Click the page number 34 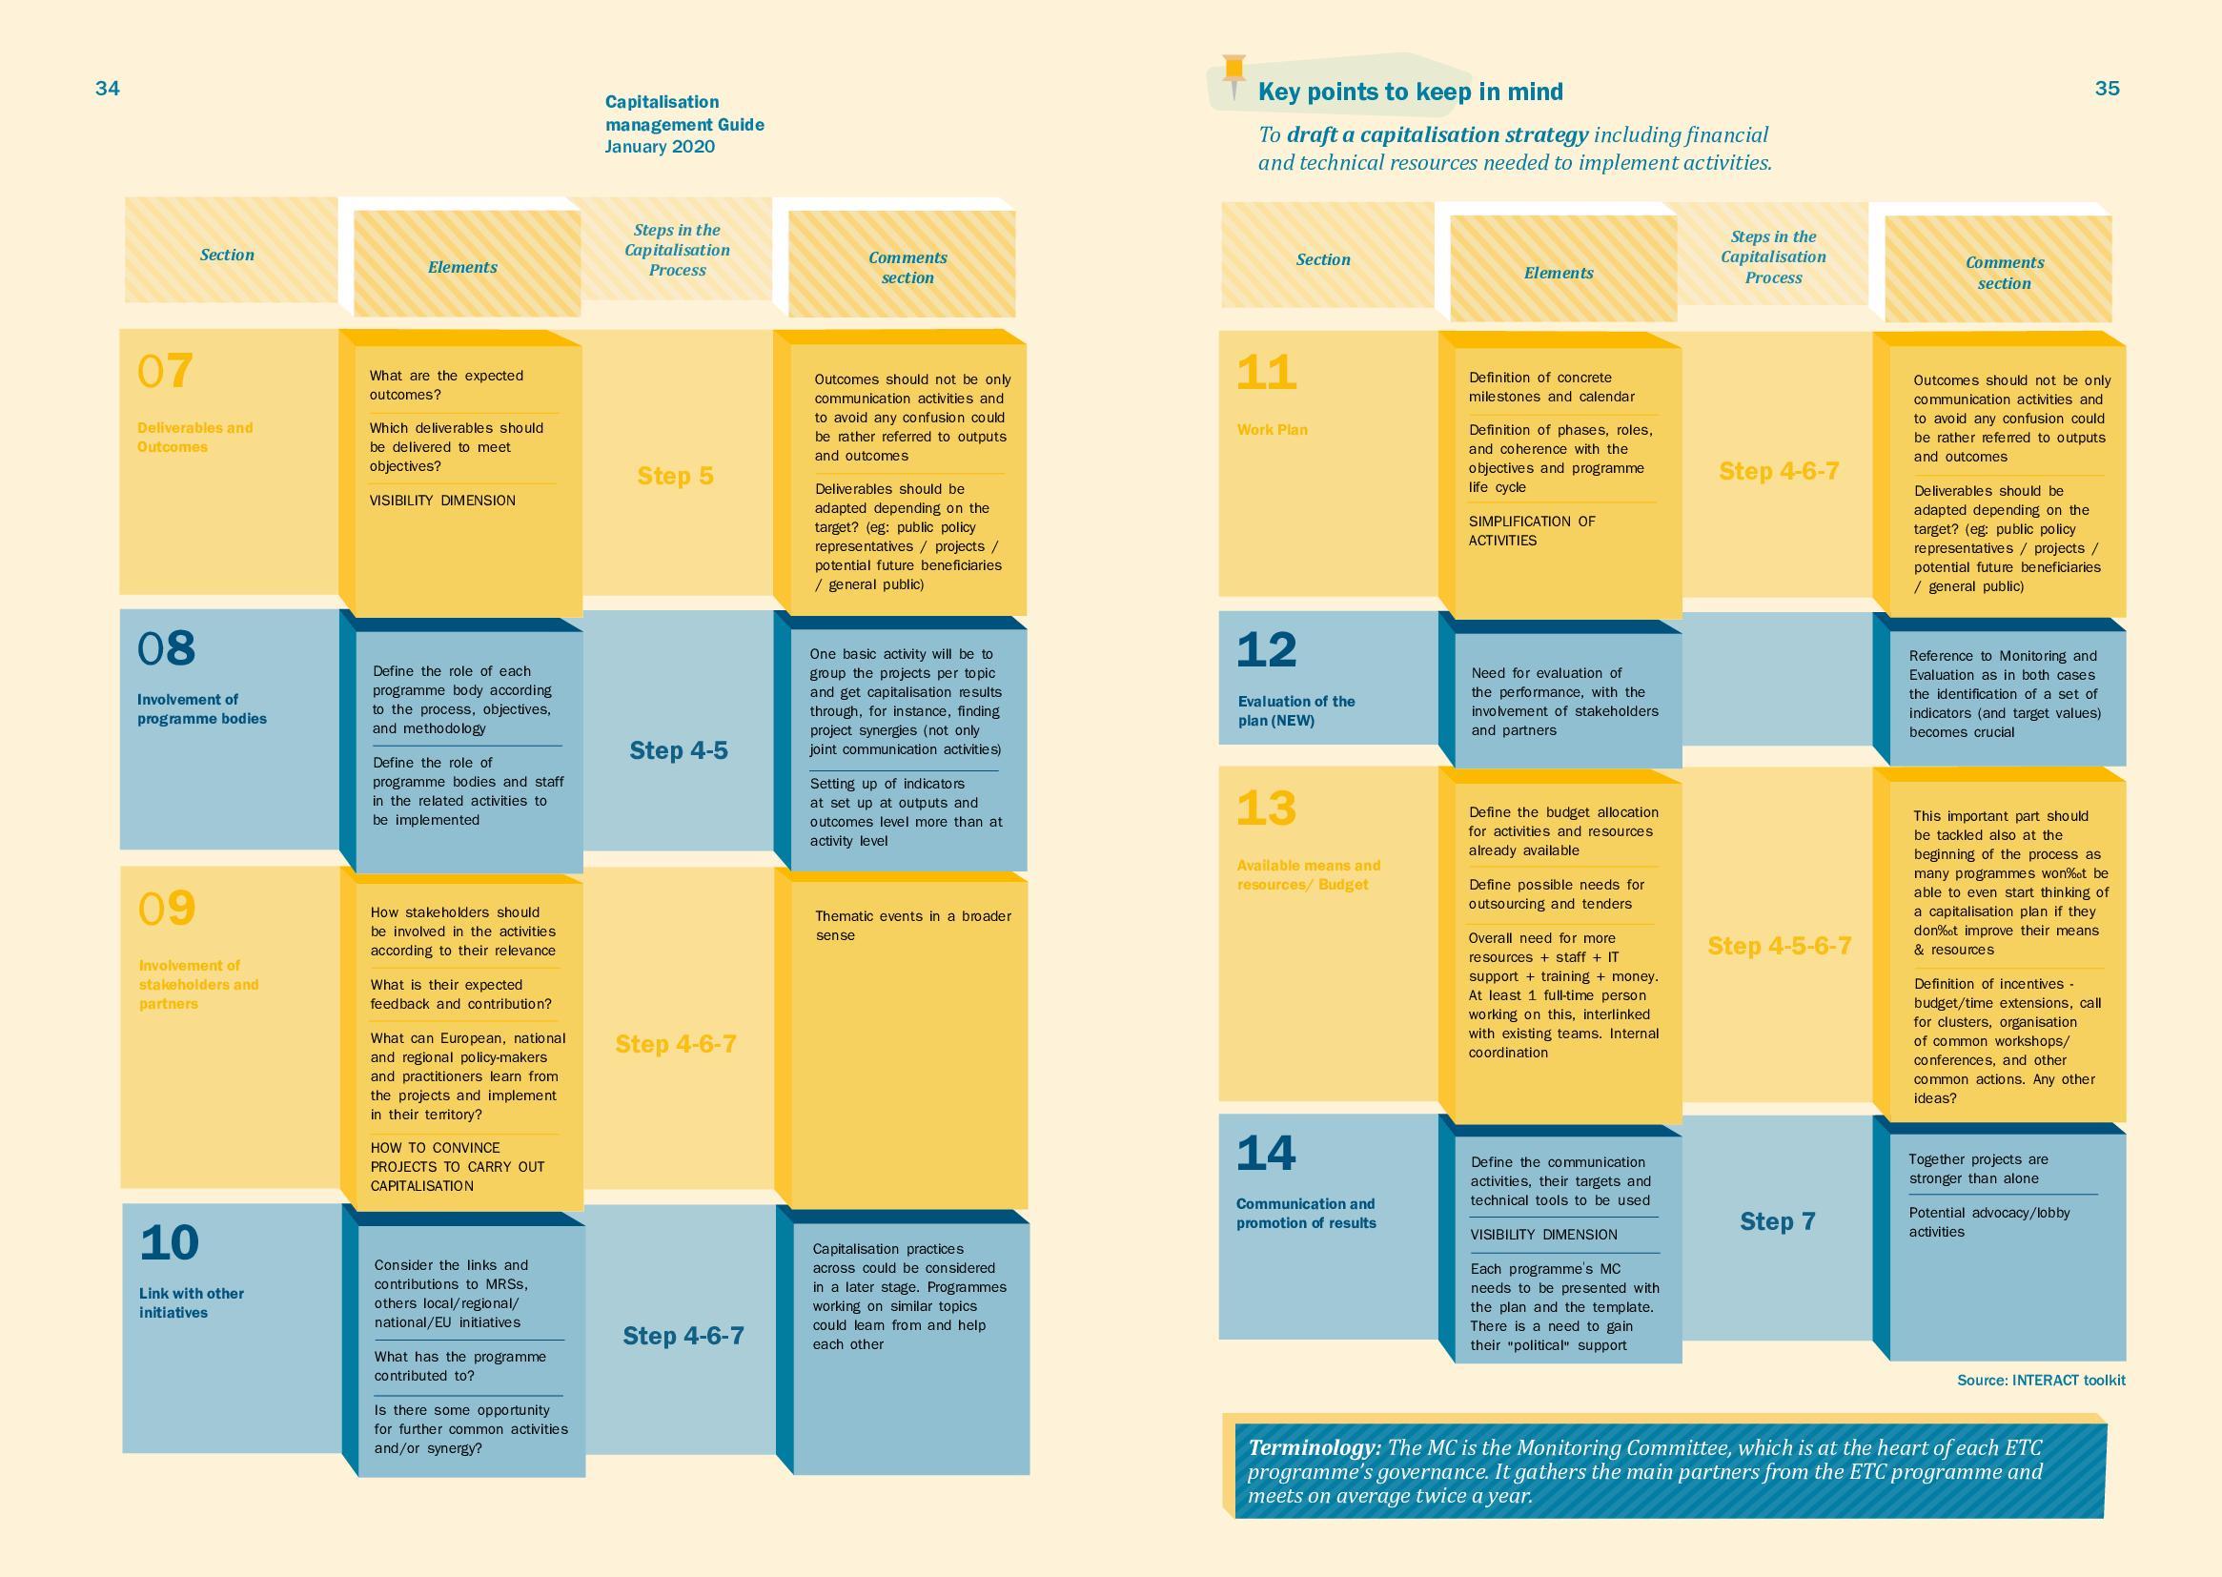(108, 89)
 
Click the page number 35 (2107, 89)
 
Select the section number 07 (165, 371)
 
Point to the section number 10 (169, 1243)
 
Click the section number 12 (1266, 650)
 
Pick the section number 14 (1266, 1154)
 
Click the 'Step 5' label (676, 476)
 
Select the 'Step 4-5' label (679, 750)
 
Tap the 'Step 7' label (1778, 1221)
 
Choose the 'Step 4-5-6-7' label (1780, 946)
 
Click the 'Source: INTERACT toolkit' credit (2041, 1380)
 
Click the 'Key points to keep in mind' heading (1411, 92)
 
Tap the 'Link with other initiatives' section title (192, 1303)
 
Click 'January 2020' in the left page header (660, 147)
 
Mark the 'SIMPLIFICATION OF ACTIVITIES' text (1532, 531)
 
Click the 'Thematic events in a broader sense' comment (912, 926)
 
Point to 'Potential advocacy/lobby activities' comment (1989, 1222)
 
